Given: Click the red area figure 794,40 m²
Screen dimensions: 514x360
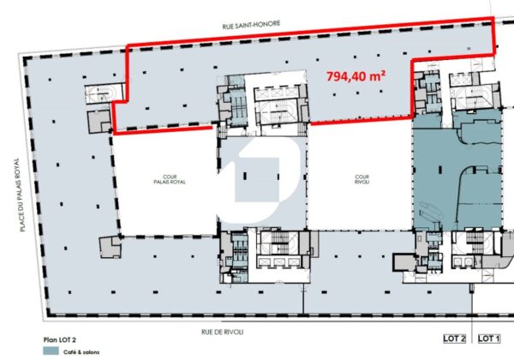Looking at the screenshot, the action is (356, 76).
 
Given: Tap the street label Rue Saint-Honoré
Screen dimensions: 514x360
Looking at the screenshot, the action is (251, 25).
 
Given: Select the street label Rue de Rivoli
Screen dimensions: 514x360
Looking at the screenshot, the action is (222, 332).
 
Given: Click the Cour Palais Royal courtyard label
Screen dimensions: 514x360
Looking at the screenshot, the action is (170, 179).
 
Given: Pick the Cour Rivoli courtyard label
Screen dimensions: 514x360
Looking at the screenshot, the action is (362, 179).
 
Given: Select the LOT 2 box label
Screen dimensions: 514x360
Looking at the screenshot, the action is (454, 339).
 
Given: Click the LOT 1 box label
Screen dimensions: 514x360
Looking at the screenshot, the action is (489, 339).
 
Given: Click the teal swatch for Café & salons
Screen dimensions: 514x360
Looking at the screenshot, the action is (51, 351).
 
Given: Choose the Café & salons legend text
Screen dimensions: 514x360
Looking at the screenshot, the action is (81, 352).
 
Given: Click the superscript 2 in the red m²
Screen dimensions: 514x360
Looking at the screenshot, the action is (383, 73).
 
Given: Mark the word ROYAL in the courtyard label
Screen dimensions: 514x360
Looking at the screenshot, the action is (177, 182).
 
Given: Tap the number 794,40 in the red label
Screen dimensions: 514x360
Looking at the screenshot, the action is (345, 77).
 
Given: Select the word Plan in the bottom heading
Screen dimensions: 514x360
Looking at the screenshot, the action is (50, 340).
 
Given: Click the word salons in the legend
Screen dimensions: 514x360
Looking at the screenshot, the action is (91, 352).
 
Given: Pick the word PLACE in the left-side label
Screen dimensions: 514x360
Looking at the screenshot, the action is (22, 222).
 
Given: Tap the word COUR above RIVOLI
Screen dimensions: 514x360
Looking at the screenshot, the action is (362, 177).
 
